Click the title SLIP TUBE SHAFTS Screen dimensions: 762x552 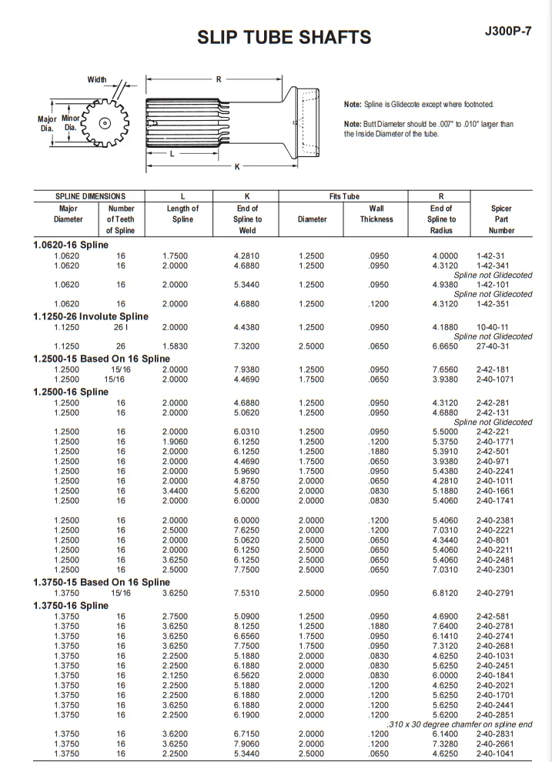point(284,37)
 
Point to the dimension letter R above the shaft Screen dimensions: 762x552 point(219,79)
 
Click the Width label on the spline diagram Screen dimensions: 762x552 point(97,80)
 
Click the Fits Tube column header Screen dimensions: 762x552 point(344,196)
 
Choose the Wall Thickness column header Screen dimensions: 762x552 point(376,213)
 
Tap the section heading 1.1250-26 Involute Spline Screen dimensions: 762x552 point(91,316)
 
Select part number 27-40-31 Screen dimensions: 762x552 point(492,346)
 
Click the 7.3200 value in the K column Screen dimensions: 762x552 point(246,346)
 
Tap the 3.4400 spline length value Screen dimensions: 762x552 point(175,490)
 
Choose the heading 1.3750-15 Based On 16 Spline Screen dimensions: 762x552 point(101,583)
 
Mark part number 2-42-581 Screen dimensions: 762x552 point(492,617)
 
